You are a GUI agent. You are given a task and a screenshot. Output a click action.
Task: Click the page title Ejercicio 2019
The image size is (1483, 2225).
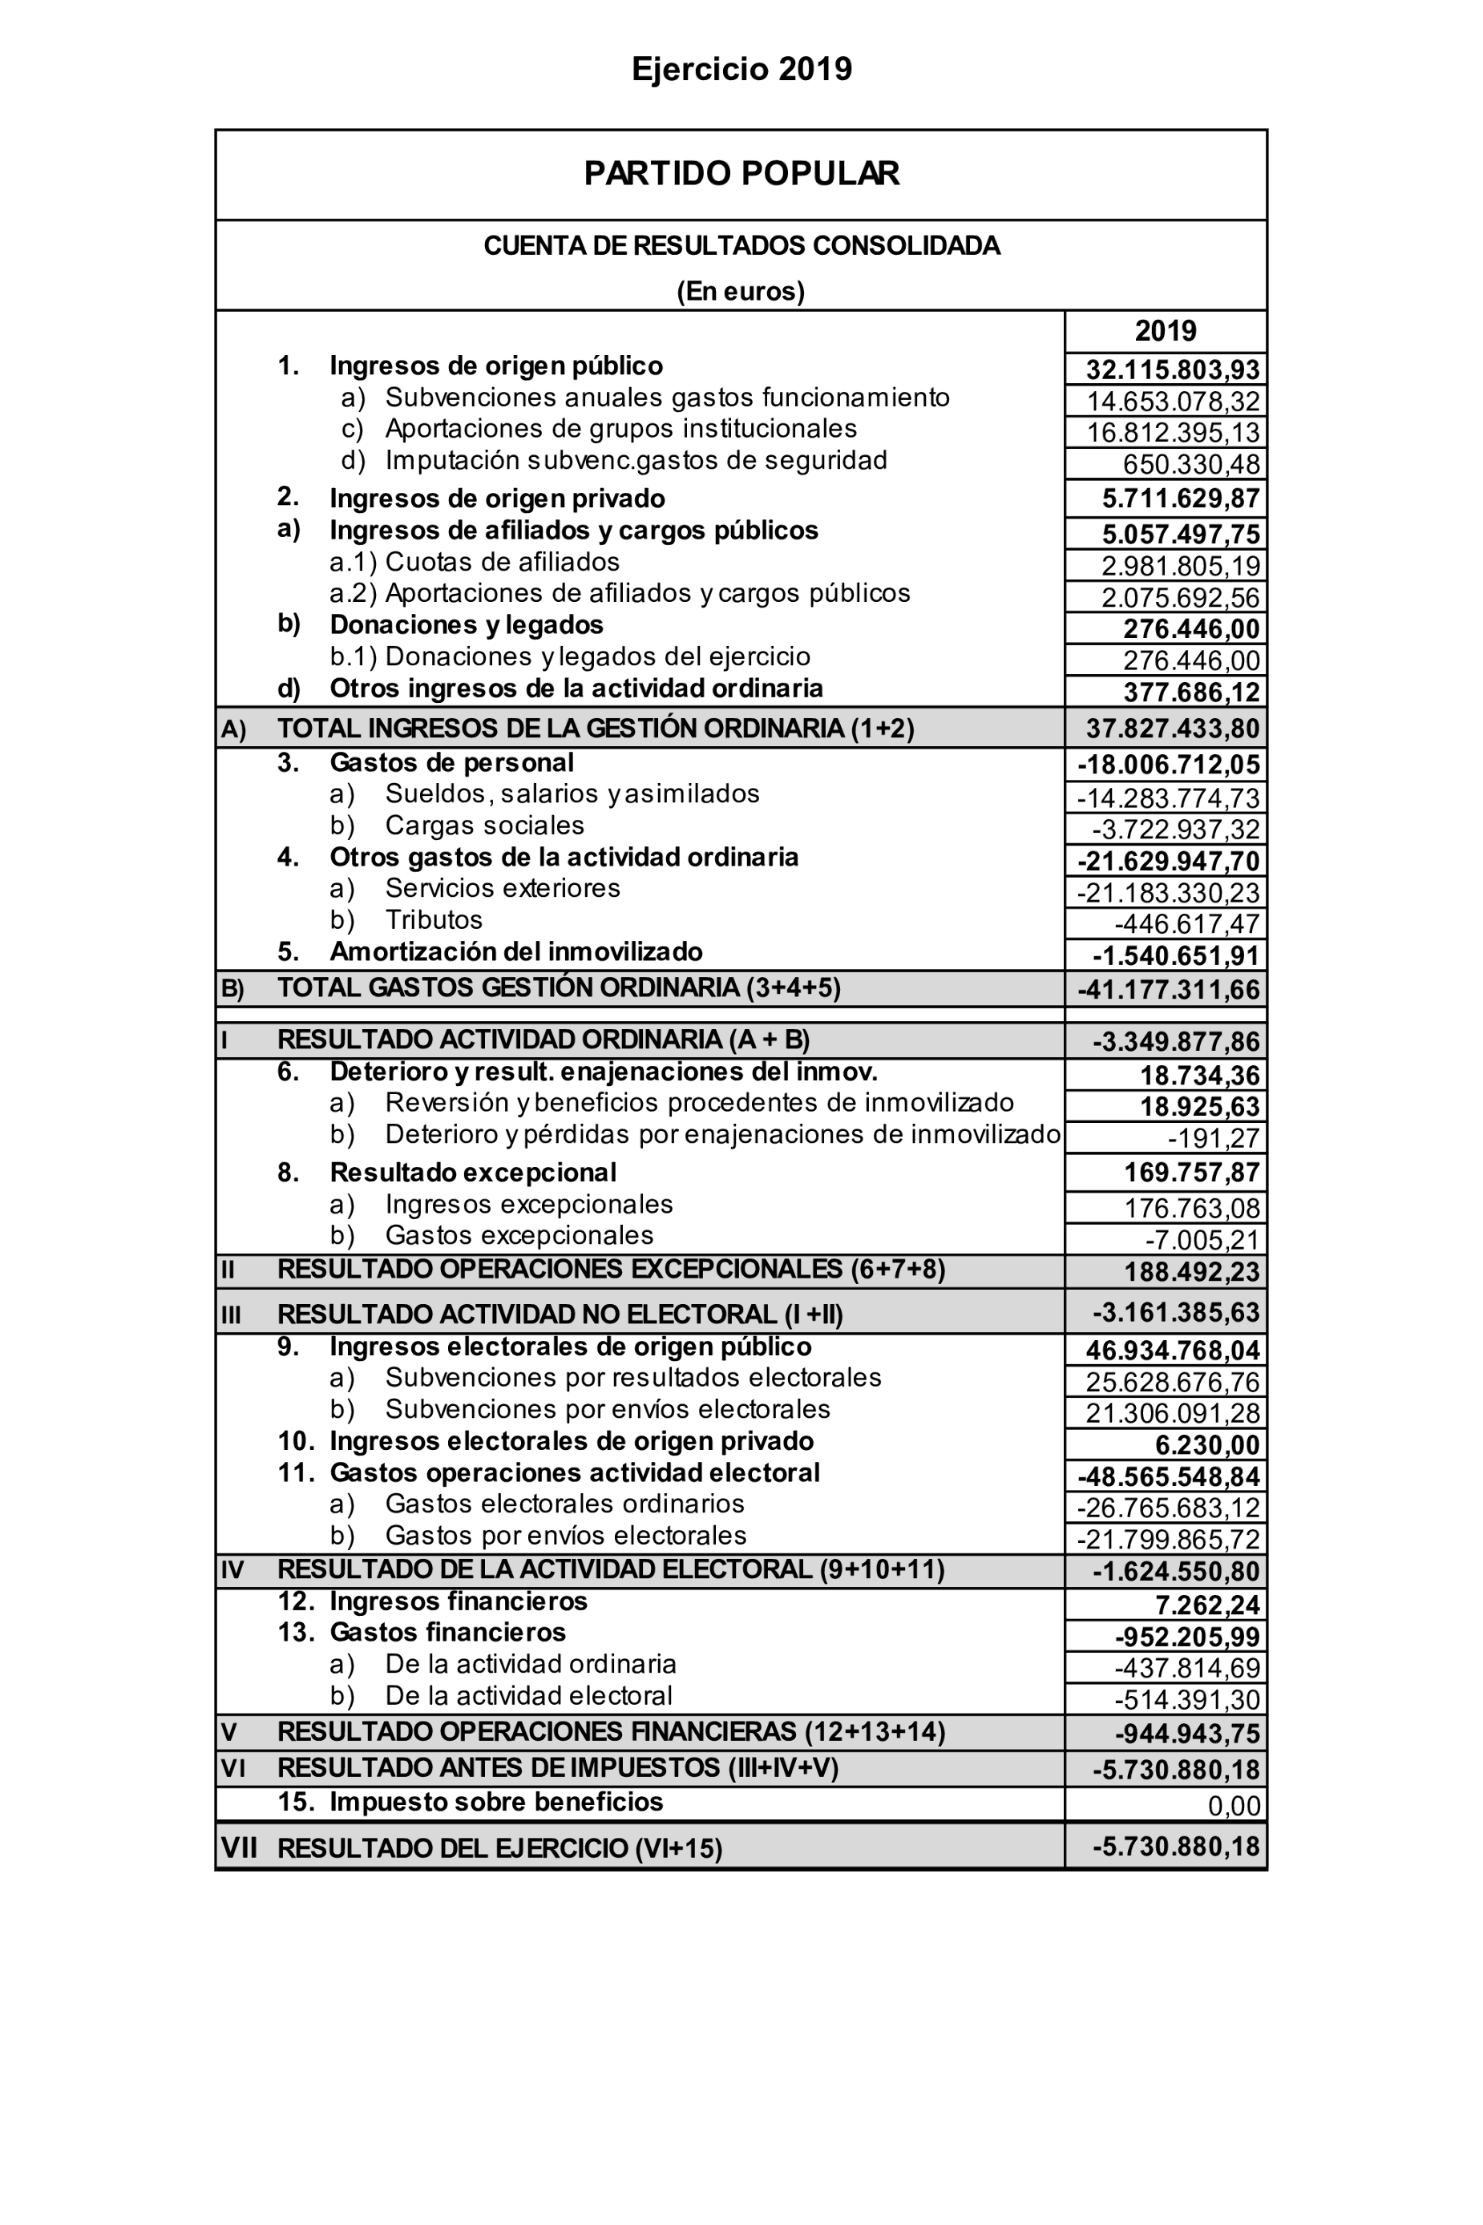click(741, 69)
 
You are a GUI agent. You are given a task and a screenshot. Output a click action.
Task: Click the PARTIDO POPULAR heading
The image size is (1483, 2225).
click(741, 173)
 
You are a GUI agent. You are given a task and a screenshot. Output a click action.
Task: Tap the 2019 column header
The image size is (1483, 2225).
click(1166, 331)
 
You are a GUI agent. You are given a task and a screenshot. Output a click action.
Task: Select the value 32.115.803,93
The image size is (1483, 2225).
click(1173, 369)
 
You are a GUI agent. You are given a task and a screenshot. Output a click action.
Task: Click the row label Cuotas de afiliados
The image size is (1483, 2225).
click(502, 562)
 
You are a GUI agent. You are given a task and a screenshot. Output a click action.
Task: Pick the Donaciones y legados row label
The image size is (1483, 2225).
click(467, 625)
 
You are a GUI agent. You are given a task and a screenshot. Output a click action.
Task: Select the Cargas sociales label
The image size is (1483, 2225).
click(484, 826)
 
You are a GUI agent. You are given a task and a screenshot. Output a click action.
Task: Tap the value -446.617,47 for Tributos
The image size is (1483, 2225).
click(1187, 924)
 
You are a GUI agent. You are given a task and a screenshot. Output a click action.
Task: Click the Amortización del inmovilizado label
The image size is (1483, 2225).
click(515, 951)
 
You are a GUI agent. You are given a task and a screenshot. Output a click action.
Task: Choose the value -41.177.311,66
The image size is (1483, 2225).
click(1169, 990)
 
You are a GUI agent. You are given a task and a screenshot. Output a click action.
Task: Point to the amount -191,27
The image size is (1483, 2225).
click(1214, 1137)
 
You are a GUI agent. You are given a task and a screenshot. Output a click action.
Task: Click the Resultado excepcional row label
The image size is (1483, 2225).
click(473, 1173)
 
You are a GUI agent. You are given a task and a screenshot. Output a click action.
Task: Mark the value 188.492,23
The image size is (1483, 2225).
click(1192, 1271)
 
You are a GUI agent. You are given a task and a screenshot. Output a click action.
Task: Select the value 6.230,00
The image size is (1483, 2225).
click(1208, 1445)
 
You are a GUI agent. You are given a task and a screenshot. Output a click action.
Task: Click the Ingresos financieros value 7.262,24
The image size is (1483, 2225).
click(1208, 1605)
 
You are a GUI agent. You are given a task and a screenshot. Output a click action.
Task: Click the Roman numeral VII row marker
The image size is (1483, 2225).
click(238, 1847)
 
